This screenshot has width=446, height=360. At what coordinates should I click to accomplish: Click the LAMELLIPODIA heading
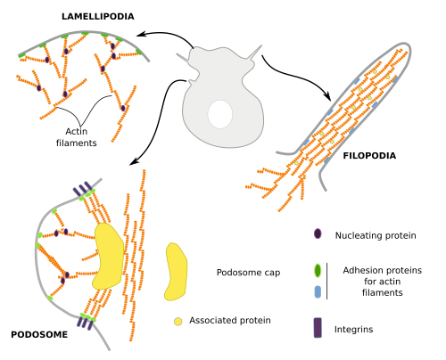[98, 16]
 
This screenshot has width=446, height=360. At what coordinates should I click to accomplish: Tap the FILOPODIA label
[369, 156]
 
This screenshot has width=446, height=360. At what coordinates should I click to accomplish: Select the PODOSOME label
[39, 334]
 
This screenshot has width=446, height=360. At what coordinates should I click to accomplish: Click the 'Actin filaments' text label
[77, 137]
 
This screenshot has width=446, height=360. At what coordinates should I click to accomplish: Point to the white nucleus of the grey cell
[220, 114]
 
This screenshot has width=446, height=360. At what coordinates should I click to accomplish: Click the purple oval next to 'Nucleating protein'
[318, 233]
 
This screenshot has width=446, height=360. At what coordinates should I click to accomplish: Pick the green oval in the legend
[318, 271]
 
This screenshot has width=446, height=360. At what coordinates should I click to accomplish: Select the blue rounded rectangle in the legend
[318, 292]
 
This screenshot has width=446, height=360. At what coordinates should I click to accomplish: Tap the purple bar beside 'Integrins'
[318, 328]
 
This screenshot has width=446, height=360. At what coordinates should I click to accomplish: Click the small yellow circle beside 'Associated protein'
[178, 322]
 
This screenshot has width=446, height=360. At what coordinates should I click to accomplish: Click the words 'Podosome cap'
[248, 273]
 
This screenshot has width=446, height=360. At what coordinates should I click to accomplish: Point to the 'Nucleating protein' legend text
[376, 235]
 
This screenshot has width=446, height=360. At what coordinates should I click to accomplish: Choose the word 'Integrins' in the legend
[353, 330]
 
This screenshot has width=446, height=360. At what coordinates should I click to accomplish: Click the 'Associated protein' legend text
[230, 321]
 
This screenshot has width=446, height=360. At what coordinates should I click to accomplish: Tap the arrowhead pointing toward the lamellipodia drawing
[141, 34]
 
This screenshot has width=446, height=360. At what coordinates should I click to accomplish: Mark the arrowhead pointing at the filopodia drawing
[327, 96]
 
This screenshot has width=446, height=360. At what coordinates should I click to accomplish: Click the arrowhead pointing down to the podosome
[134, 161]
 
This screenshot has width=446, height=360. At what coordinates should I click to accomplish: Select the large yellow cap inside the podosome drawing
[108, 256]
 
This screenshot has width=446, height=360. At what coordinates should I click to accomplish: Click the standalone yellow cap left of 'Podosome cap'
[176, 272]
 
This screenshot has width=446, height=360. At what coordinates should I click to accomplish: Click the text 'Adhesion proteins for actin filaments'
[383, 282]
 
